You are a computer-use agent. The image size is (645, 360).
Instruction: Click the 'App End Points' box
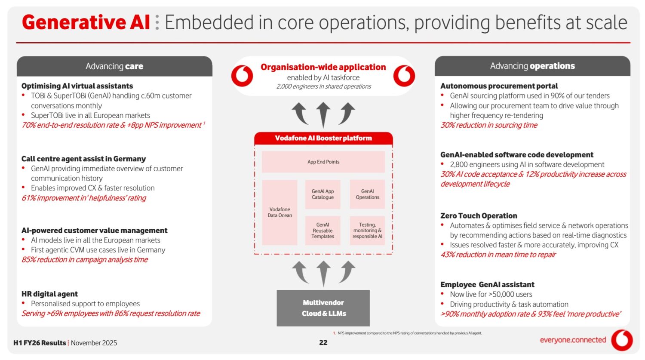pyautogui.click(x=323, y=162)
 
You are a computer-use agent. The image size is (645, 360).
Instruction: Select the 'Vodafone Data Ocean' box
pyautogui.click(x=279, y=212)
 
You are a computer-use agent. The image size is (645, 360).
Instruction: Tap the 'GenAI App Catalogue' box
pyautogui.click(x=322, y=194)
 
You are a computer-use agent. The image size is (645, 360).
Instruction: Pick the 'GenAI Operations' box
pyautogui.click(x=367, y=194)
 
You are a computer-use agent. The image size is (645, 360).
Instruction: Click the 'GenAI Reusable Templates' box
pyautogui.click(x=322, y=231)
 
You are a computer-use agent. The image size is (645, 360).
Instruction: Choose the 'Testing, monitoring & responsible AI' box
pyautogui.click(x=367, y=231)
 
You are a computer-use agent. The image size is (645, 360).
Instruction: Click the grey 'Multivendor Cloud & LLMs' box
pyautogui.click(x=323, y=308)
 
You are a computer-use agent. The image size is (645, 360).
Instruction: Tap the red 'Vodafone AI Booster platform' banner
pyautogui.click(x=323, y=138)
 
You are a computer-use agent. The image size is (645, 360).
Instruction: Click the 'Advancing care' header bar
pyautogui.click(x=114, y=66)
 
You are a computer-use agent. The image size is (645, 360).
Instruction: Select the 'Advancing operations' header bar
pyautogui.click(x=532, y=66)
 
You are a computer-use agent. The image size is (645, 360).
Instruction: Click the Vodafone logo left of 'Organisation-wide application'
pyautogui.click(x=242, y=76)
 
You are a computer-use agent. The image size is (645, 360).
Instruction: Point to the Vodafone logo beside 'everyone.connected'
pyautogui.click(x=622, y=340)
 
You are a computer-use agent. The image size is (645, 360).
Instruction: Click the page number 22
pyautogui.click(x=323, y=343)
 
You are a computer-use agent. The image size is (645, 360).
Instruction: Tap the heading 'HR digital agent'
pyautogui.click(x=49, y=294)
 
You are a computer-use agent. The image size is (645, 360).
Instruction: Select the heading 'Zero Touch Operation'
pyautogui.click(x=479, y=216)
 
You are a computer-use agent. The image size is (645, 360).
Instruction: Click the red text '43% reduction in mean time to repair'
pyautogui.click(x=498, y=255)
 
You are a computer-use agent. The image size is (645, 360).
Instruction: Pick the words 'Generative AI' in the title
pyautogui.click(x=86, y=22)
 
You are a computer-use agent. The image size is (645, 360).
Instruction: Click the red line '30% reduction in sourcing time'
pyautogui.click(x=489, y=125)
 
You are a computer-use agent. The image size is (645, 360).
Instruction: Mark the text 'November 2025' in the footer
pyautogui.click(x=94, y=343)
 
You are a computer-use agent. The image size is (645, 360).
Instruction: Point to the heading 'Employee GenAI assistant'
pyautogui.click(x=487, y=285)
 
